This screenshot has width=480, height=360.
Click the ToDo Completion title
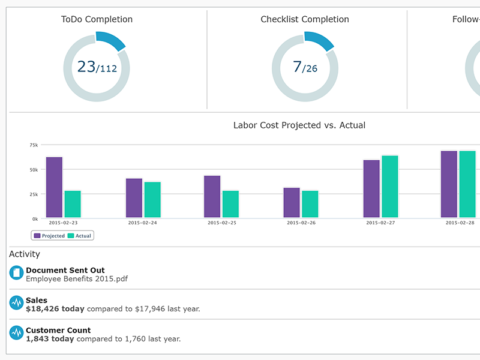(x=97, y=19)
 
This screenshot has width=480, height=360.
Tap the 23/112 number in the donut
(x=97, y=67)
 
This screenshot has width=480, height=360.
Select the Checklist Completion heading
(x=304, y=19)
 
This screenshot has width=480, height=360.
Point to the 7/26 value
(x=305, y=67)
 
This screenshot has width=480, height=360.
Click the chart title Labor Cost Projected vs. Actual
(x=299, y=125)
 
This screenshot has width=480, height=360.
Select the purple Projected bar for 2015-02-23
(x=54, y=187)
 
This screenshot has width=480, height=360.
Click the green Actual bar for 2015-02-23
(x=73, y=204)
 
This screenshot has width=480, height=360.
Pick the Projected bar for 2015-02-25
(x=212, y=197)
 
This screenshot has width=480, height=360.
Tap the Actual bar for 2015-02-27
(x=390, y=187)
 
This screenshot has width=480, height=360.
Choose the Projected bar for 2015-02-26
(x=292, y=203)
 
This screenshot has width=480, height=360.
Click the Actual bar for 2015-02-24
(x=152, y=200)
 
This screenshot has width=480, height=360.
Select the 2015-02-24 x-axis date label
(x=142, y=223)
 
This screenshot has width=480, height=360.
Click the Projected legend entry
(x=49, y=236)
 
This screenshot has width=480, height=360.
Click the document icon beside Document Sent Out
(x=16, y=273)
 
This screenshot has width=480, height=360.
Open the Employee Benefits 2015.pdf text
(x=77, y=278)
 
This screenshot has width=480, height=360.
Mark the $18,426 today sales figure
(x=55, y=309)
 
